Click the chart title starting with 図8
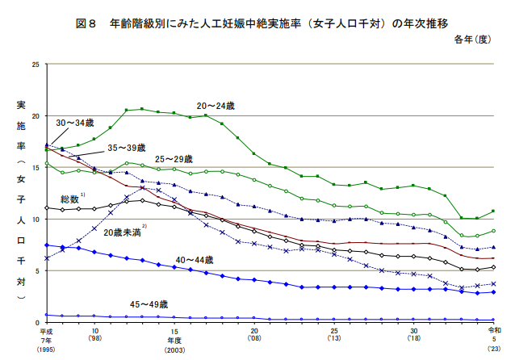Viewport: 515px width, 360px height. (x=257, y=23)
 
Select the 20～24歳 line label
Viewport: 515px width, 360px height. (x=216, y=106)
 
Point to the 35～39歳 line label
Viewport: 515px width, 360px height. (x=126, y=149)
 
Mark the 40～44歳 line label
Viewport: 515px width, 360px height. (x=195, y=260)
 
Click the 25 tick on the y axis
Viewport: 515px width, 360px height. (x=33, y=64)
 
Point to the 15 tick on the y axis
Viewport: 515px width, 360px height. (x=33, y=167)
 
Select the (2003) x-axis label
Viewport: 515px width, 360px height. (x=174, y=350)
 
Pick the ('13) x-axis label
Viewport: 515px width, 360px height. (x=334, y=340)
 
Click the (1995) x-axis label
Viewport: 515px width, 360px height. (x=46, y=350)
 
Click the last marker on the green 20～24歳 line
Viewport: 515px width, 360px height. (x=493, y=211)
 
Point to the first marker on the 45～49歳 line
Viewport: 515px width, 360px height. (x=47, y=315)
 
